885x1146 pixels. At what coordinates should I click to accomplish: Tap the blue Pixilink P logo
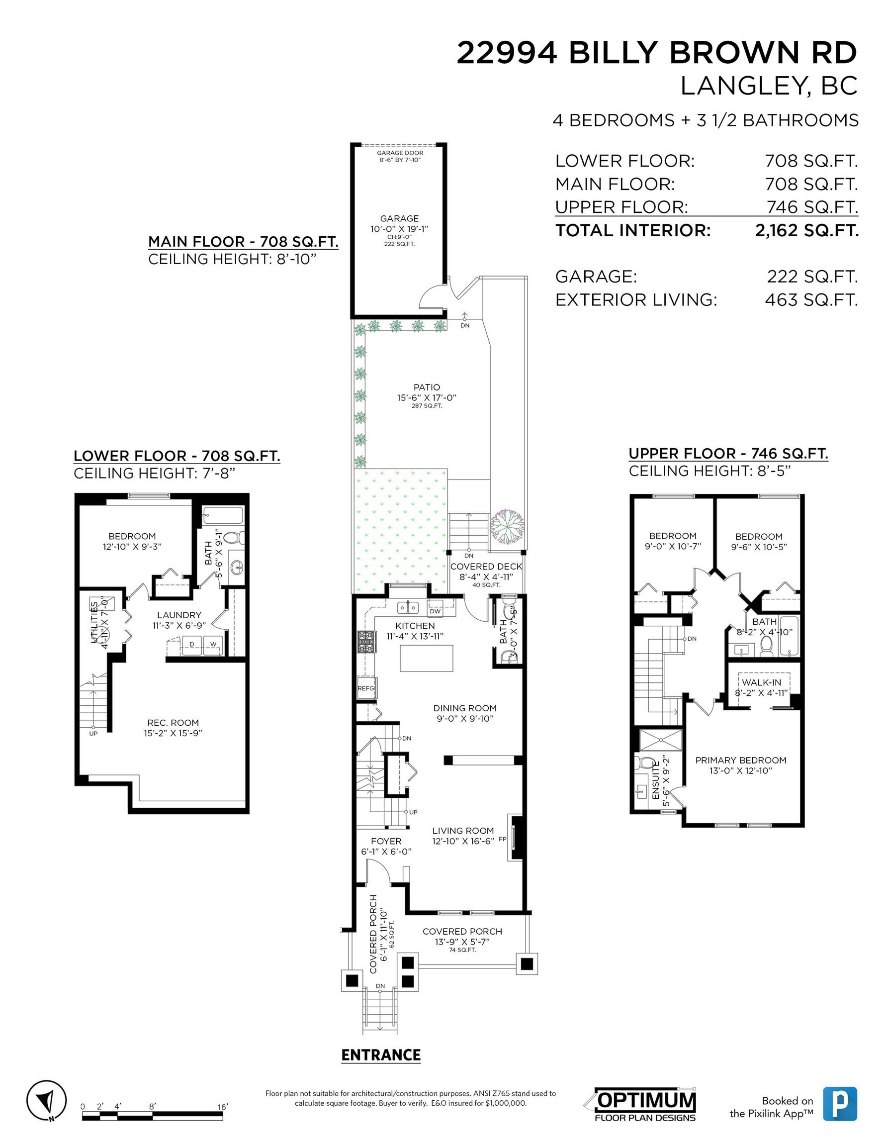click(840, 1104)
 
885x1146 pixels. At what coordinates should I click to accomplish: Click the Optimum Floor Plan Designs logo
click(645, 1104)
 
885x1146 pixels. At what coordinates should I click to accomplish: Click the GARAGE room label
click(400, 218)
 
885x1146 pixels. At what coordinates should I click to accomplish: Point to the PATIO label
click(427, 387)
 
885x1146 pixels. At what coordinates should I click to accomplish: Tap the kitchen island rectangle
click(427, 658)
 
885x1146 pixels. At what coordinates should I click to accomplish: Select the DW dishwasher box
click(435, 611)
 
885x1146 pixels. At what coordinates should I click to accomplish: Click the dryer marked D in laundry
click(191, 644)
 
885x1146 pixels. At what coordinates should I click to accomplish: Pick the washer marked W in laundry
click(213, 644)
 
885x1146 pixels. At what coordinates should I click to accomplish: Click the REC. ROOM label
click(173, 723)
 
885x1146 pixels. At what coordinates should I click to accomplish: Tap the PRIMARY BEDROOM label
click(741, 760)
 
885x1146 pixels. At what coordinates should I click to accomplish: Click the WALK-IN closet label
click(762, 682)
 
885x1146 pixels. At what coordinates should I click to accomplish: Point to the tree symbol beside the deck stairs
click(507, 526)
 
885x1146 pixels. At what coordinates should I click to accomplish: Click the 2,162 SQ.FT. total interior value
click(807, 230)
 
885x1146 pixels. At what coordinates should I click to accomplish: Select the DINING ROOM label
click(465, 708)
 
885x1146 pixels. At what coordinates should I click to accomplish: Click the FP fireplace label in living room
click(503, 839)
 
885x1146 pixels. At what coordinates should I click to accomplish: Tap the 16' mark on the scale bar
click(222, 1107)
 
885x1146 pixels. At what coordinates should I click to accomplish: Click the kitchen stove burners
click(363, 641)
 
